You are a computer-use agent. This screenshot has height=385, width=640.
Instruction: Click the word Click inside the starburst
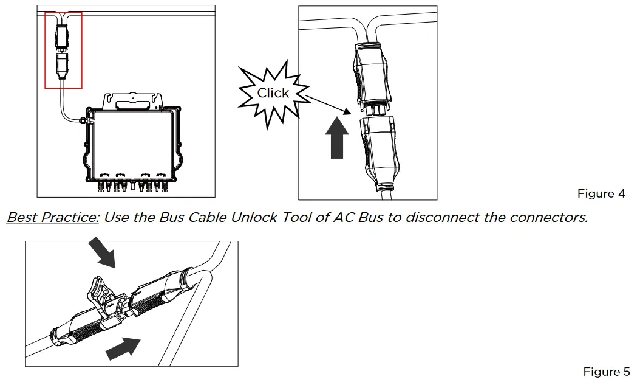[x=273, y=93]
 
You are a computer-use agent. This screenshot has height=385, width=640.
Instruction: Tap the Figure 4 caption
[x=601, y=194]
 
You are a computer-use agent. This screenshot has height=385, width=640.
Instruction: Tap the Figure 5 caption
[x=606, y=372]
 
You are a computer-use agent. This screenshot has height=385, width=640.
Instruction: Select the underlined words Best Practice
[x=53, y=217]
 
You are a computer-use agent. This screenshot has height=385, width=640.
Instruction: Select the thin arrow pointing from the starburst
[x=328, y=104]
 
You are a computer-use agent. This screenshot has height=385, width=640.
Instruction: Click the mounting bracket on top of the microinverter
[x=134, y=99]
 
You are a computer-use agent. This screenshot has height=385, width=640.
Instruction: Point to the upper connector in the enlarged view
[x=370, y=75]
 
